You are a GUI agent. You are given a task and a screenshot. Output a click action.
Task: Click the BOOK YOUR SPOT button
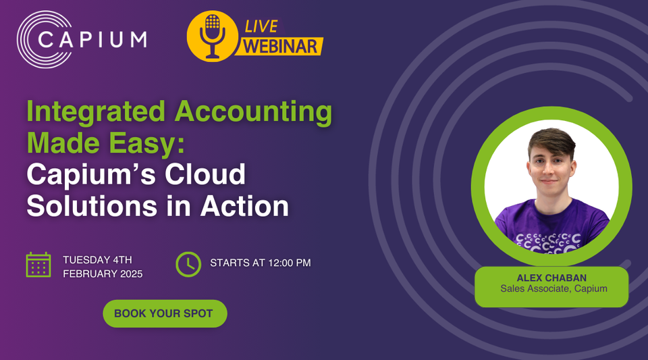click(164, 313)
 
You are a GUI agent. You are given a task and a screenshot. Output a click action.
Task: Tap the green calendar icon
click(38, 264)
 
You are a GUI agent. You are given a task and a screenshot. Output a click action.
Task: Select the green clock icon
click(188, 264)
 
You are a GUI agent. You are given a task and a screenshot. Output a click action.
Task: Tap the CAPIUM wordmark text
click(92, 38)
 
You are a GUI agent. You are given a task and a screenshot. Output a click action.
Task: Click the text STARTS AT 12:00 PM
click(260, 263)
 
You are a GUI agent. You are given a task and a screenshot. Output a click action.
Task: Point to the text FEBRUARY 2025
click(103, 274)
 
